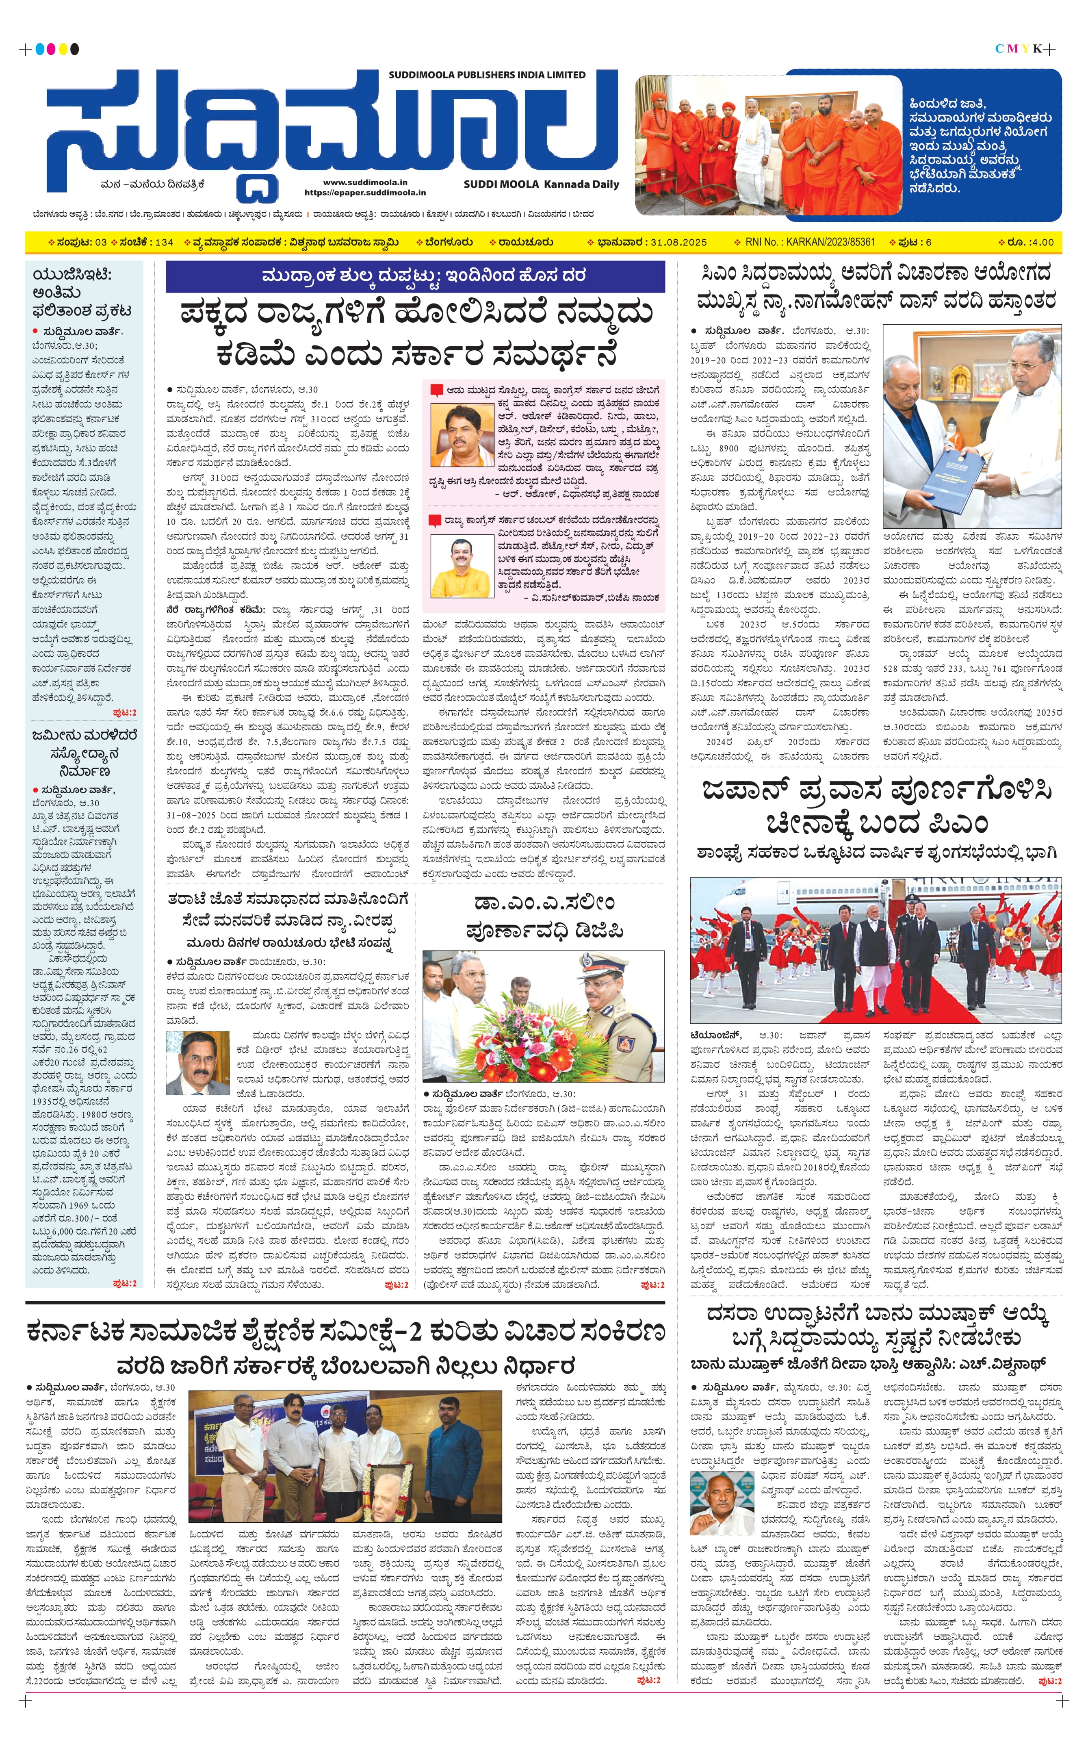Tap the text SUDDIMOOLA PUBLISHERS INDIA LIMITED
coord(487,74)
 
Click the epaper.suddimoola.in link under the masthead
coord(365,193)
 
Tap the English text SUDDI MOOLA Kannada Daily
coord(541,184)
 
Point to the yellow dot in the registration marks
coord(63,49)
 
